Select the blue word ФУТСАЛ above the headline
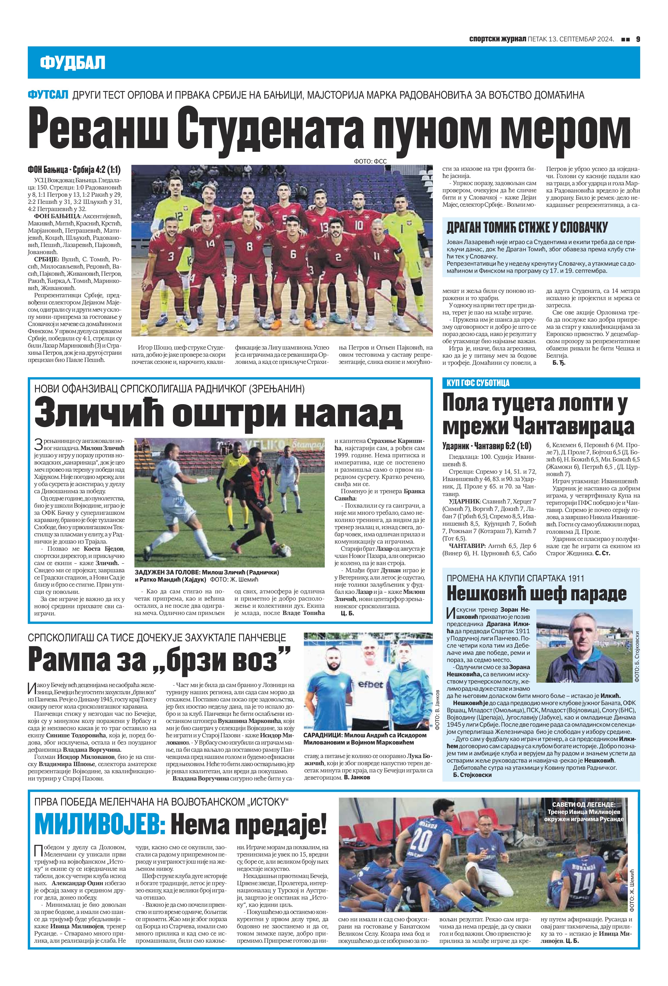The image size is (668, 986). [x=47, y=95]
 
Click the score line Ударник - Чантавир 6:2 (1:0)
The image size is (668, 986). [x=487, y=446]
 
